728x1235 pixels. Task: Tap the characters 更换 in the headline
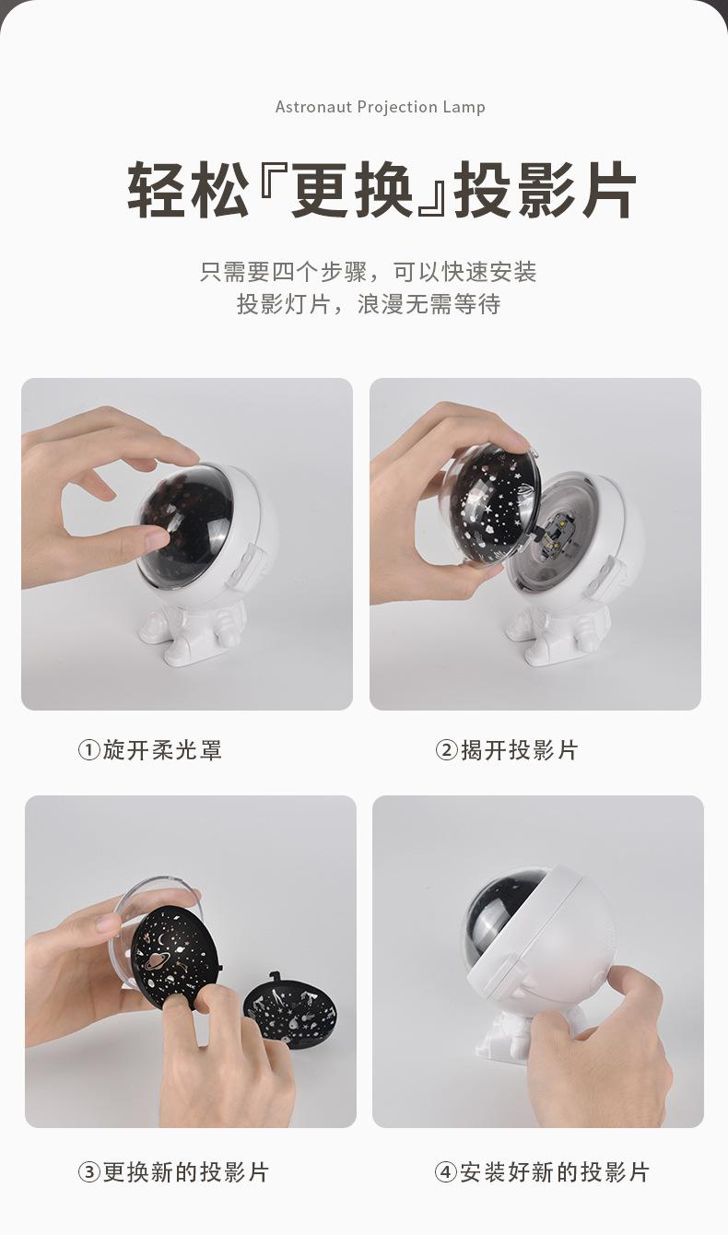pos(353,191)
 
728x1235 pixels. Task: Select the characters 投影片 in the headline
pos(545,191)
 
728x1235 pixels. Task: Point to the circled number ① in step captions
pos(88,750)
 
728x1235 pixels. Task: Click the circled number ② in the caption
pos(446,750)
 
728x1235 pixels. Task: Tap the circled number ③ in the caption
pos(88,1172)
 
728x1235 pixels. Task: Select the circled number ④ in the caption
pos(446,1172)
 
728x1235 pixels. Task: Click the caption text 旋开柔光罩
pos(162,750)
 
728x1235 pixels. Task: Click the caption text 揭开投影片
pos(519,750)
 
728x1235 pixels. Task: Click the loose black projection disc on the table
pos(290,1009)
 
